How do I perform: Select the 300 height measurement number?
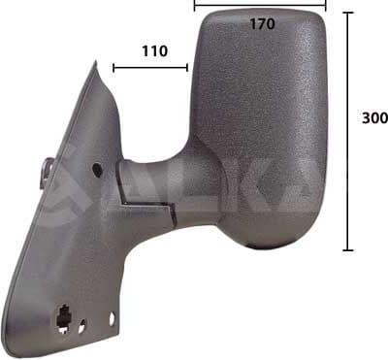pyautogui.click(x=374, y=118)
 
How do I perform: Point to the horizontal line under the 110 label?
pyautogui.click(x=150, y=68)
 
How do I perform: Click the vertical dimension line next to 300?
pyautogui.click(x=346, y=131)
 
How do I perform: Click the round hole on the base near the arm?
pyautogui.click(x=98, y=169)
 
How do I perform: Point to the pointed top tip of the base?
pyautogui.click(x=97, y=65)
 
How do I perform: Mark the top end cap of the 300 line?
pyautogui.click(x=346, y=13)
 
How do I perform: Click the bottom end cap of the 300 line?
pyautogui.click(x=346, y=249)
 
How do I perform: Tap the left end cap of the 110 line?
pyautogui.click(x=113, y=68)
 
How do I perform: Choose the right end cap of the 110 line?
pyautogui.click(x=187, y=68)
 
